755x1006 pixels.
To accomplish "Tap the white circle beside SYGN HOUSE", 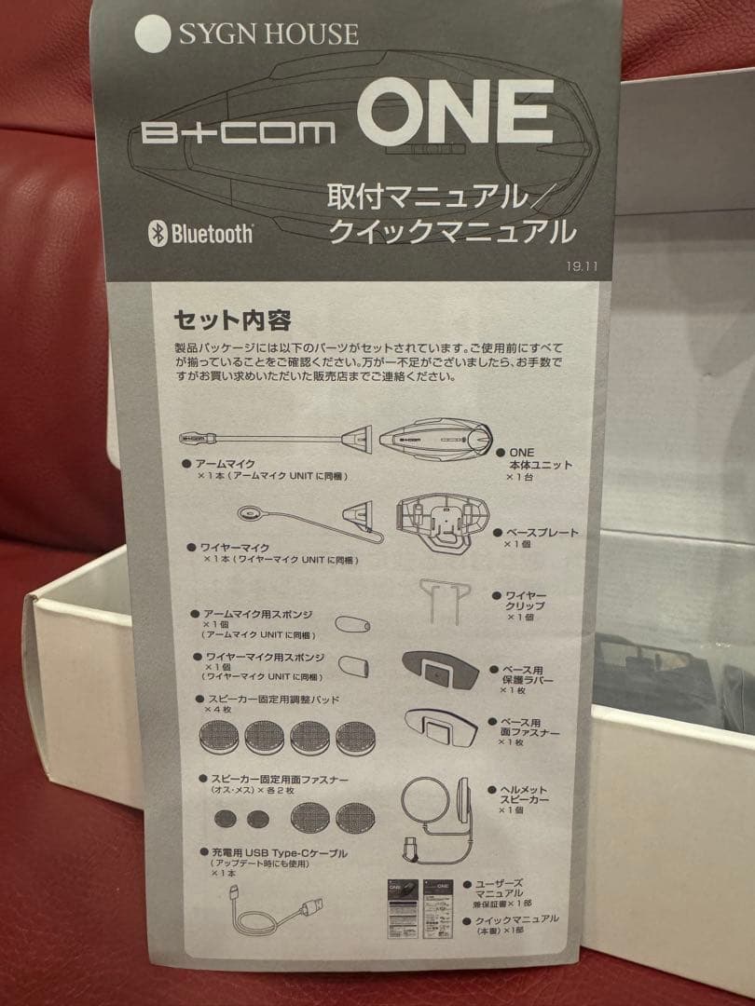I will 153,34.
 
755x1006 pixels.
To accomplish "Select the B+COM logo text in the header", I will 240,131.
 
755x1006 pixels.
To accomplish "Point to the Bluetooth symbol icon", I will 158,232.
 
